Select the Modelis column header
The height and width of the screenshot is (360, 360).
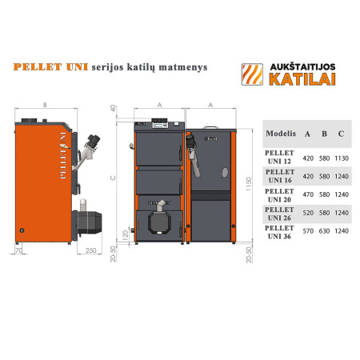(280, 132)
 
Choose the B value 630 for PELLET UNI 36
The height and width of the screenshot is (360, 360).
(325, 231)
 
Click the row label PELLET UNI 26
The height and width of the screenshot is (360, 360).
(280, 212)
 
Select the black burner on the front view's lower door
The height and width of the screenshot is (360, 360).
(160, 207)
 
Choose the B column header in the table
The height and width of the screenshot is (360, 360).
(325, 132)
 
